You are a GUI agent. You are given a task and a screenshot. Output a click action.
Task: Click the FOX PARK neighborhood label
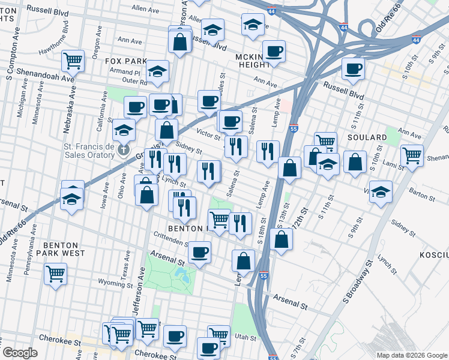(x=125, y=61)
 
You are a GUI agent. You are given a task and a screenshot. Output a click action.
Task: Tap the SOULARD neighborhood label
(x=367, y=137)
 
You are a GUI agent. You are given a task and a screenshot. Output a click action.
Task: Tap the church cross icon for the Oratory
(x=124, y=148)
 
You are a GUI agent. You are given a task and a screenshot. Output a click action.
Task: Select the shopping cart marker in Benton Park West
(x=56, y=274)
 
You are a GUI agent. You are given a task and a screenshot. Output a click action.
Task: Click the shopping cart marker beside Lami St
(x=412, y=155)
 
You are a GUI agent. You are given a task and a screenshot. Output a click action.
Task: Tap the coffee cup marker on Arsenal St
(x=200, y=251)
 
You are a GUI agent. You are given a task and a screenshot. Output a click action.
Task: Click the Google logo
(x=20, y=353)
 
